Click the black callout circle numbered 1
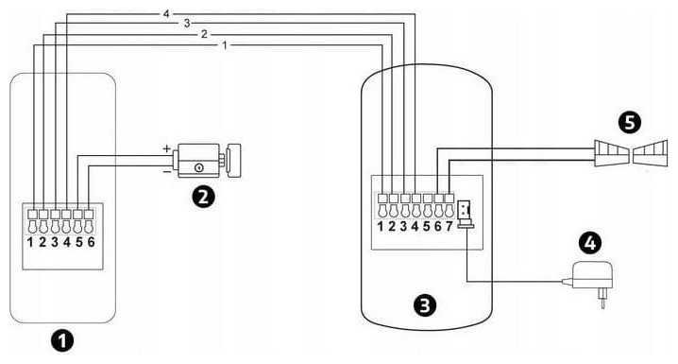(62, 340)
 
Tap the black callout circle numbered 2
(203, 197)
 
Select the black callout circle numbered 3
(425, 304)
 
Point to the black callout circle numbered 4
(590, 243)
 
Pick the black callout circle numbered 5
(630, 122)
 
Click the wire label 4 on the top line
(166, 14)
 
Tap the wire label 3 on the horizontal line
(187, 24)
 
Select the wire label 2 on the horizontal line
(204, 34)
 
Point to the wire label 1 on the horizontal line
(225, 45)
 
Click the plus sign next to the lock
(166, 148)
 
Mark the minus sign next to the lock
(166, 172)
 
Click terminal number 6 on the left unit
(91, 242)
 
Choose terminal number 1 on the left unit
(30, 242)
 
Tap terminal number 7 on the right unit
(449, 226)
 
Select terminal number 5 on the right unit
(426, 226)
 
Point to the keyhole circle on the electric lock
(199, 166)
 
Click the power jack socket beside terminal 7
(465, 214)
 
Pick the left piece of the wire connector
(610, 153)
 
